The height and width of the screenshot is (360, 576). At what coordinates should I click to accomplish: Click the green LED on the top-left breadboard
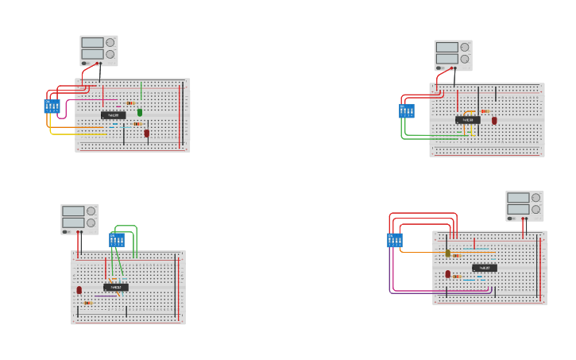click(140, 112)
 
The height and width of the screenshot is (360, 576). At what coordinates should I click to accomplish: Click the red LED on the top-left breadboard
click(146, 133)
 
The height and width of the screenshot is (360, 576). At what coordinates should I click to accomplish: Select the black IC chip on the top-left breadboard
click(113, 115)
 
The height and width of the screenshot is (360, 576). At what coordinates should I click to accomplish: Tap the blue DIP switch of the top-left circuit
click(52, 106)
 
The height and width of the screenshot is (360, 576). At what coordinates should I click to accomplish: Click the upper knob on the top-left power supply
click(110, 43)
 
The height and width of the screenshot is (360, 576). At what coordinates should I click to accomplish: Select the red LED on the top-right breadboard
click(494, 121)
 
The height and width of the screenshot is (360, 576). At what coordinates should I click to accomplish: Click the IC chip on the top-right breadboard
click(467, 120)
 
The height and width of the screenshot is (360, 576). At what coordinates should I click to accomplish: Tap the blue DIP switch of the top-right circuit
click(406, 111)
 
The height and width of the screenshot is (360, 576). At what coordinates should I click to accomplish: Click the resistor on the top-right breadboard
click(485, 111)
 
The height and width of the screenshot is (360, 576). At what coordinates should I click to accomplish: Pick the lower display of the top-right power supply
click(446, 59)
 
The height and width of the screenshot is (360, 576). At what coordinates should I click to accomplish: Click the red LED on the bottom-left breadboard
click(79, 290)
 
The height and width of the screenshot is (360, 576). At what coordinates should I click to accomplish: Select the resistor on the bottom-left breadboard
click(88, 303)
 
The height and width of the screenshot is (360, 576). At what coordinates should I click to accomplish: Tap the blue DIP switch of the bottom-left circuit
click(117, 240)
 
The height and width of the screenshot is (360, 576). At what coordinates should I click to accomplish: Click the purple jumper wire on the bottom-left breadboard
click(105, 296)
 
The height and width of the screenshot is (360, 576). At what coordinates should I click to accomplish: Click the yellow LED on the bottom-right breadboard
click(447, 254)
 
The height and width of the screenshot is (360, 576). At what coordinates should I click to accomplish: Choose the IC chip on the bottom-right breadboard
click(484, 268)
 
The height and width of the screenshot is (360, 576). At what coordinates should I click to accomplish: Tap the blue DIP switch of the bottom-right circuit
click(395, 240)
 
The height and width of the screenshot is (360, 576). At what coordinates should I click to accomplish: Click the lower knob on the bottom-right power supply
click(535, 210)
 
